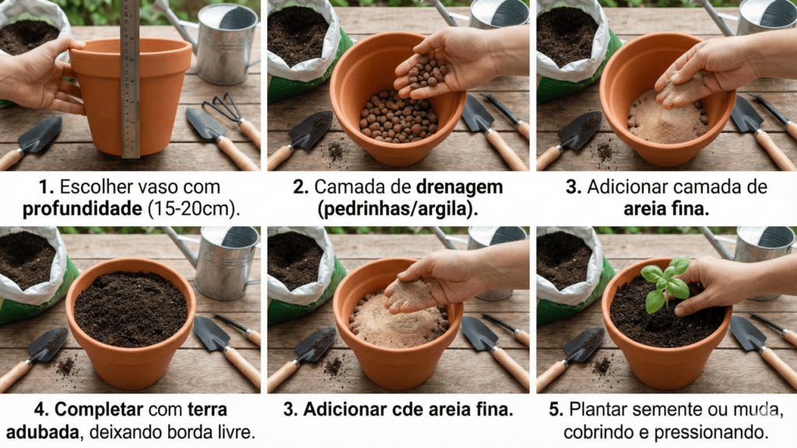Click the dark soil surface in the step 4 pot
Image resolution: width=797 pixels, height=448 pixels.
click(x=130, y=308)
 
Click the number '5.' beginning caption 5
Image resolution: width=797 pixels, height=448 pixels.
click(x=557, y=408)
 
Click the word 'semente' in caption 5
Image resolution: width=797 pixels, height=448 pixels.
click(x=664, y=408)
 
